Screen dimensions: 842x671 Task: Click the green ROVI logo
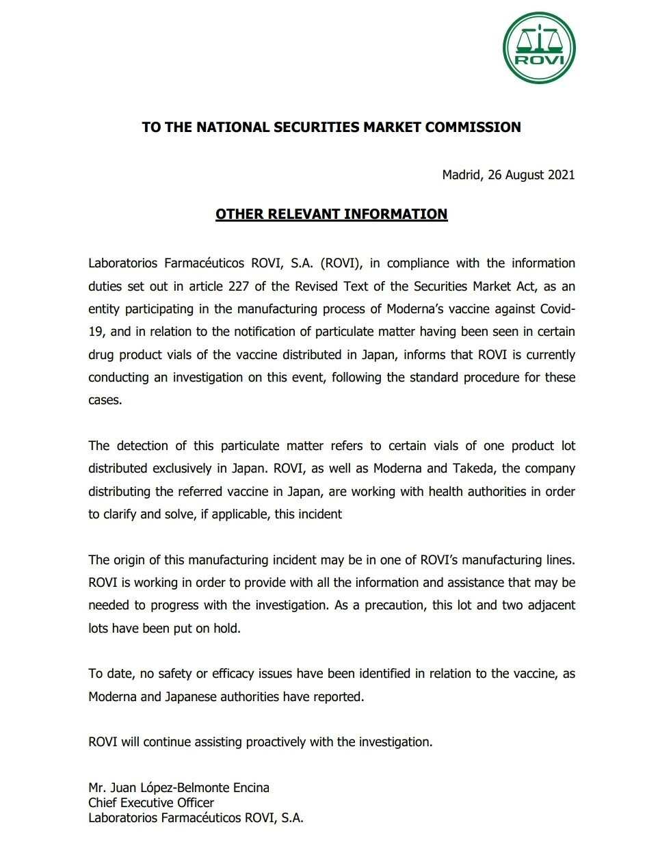(x=539, y=48)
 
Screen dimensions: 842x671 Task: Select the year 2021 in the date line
(x=560, y=174)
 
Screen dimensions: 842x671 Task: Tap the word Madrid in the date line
(x=462, y=174)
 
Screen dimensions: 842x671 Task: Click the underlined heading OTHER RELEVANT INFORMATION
(x=331, y=214)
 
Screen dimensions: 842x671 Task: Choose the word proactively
(x=276, y=741)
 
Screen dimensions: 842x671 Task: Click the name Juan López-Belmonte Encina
(x=189, y=788)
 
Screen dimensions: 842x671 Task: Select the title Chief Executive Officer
(x=151, y=803)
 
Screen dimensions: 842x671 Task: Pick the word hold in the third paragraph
(x=228, y=628)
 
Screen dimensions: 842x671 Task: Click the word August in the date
(x=525, y=174)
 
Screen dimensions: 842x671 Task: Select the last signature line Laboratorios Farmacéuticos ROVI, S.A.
(x=196, y=818)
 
